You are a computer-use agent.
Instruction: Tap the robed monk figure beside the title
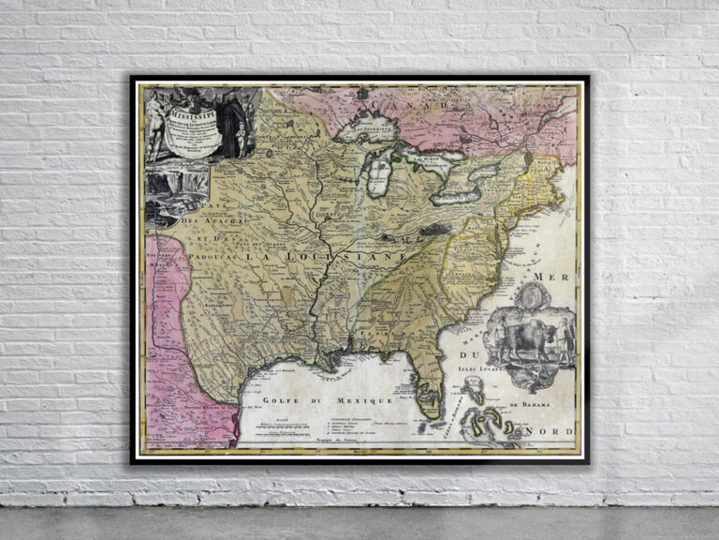pos(234,122)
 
